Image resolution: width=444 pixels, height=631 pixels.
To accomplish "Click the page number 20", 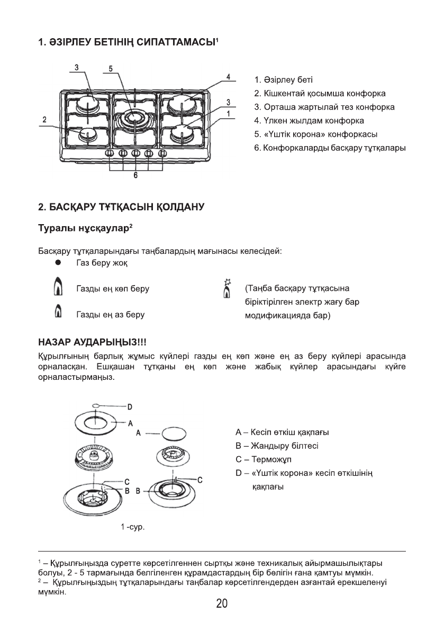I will pyautogui.click(x=222, y=603).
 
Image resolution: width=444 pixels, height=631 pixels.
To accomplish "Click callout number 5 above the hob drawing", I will pyautogui.click(x=111, y=68).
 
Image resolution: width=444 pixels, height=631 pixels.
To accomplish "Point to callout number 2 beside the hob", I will pyautogui.click(x=45, y=119).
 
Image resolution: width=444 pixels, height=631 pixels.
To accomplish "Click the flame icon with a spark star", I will pyautogui.click(x=228, y=288).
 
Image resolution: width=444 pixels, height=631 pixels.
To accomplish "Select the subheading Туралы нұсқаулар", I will pyautogui.click(x=83, y=228).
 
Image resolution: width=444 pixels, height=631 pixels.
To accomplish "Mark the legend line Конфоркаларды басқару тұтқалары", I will pyautogui.click(x=330, y=147).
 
